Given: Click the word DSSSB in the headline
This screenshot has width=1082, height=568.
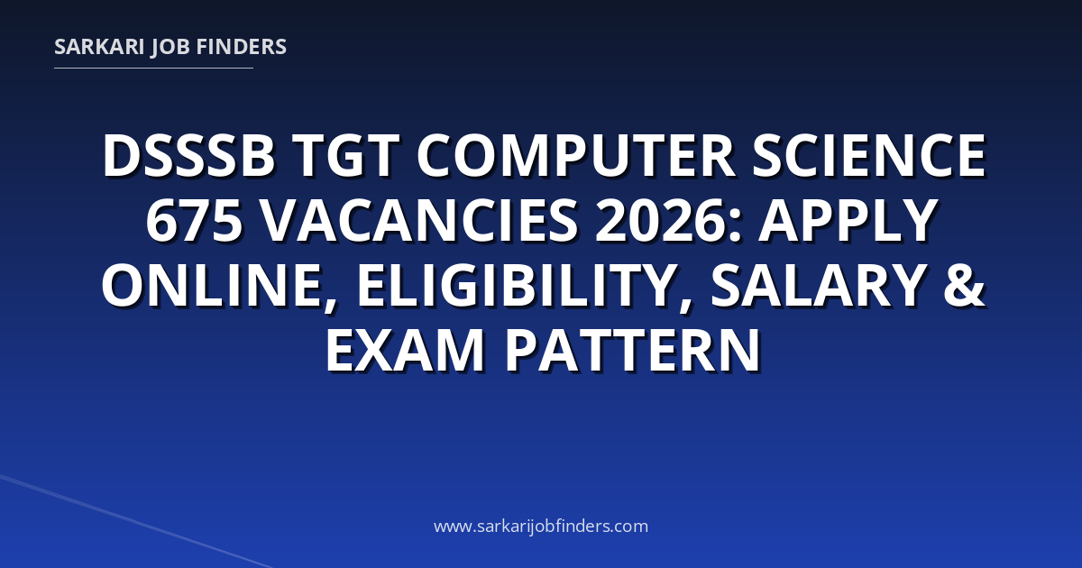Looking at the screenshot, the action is [x=188, y=155].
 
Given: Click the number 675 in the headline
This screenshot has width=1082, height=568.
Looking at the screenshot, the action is [x=194, y=220].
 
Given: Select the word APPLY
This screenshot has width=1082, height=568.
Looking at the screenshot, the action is [x=848, y=220].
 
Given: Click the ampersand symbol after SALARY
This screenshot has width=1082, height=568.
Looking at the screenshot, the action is [x=964, y=285].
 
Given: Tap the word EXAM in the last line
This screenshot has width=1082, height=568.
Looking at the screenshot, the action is [x=405, y=351].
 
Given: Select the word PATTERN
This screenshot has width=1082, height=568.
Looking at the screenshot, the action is [x=633, y=351].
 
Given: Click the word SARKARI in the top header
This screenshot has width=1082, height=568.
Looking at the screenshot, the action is [x=99, y=47].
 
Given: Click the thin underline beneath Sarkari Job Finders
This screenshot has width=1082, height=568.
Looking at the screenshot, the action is [x=153, y=69].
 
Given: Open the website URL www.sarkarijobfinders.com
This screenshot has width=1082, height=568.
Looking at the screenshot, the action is [x=541, y=526].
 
